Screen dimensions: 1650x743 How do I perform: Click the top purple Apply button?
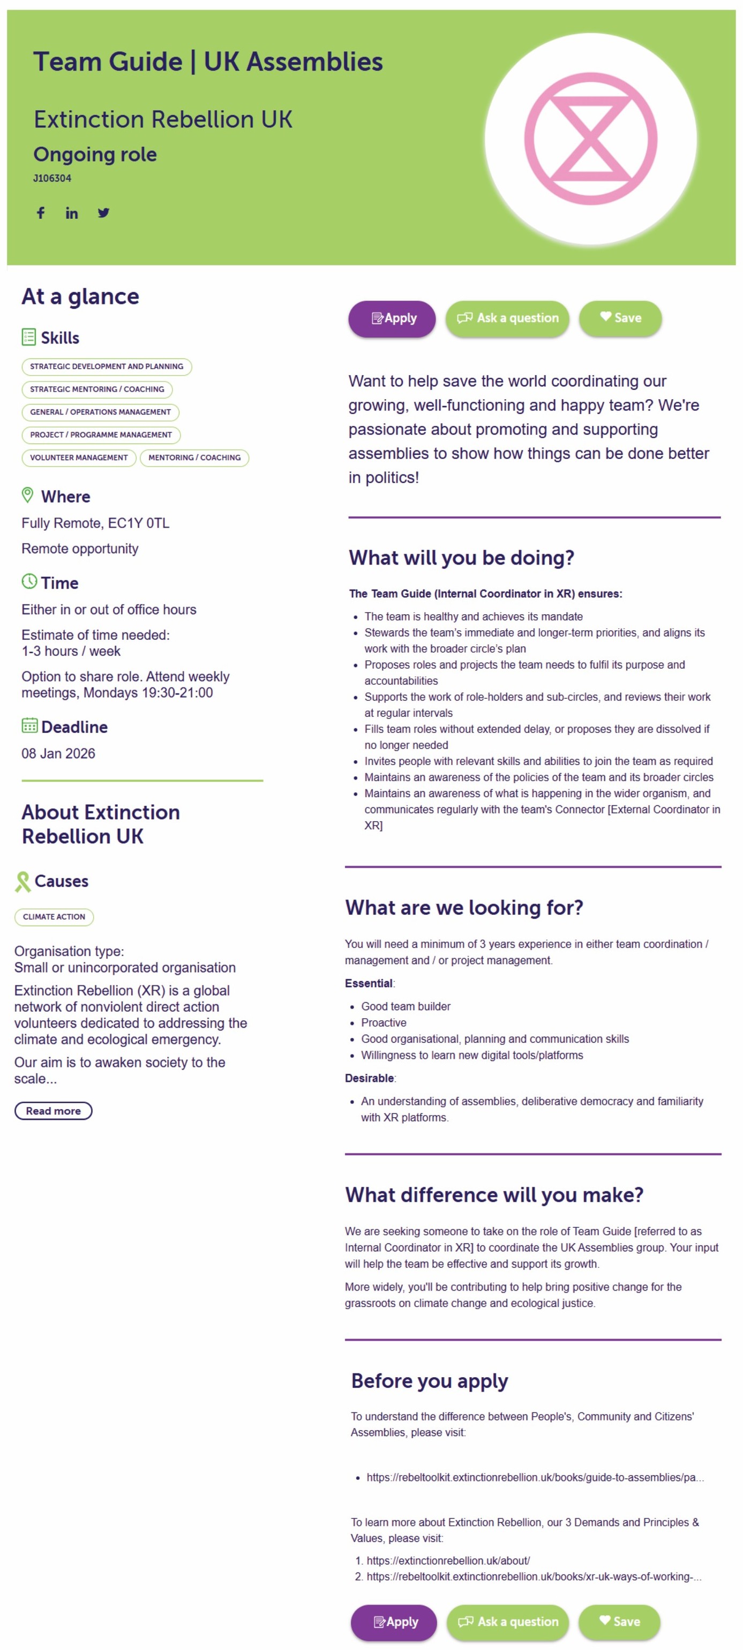tap(392, 318)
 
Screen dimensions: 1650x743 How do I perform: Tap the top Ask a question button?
tap(507, 318)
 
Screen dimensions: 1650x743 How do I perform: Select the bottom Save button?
tap(619, 1621)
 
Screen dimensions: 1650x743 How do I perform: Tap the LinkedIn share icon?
tap(72, 213)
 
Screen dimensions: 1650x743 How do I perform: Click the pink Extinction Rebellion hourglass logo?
tap(590, 139)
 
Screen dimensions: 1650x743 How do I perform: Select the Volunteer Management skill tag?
tap(79, 457)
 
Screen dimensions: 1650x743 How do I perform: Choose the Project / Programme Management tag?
tap(101, 435)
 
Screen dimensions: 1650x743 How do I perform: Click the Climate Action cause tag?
tap(54, 916)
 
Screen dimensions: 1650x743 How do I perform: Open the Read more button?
tap(53, 1111)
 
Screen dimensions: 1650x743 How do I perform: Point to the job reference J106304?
tap(52, 178)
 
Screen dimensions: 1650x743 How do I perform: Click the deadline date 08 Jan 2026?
tap(58, 753)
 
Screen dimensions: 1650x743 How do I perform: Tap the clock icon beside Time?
tap(29, 582)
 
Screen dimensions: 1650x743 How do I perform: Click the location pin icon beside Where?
tap(27, 495)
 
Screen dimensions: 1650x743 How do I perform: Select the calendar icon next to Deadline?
tap(29, 725)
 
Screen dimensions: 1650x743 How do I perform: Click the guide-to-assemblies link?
tap(535, 1477)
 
